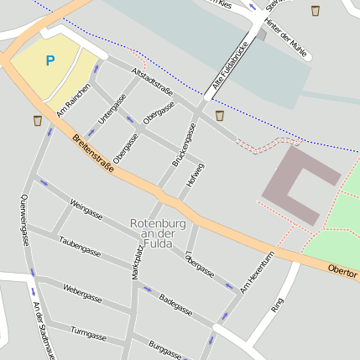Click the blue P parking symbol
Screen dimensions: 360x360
coord(50,60)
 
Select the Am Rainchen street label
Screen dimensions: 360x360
coord(73,102)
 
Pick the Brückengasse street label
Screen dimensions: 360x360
coord(185,144)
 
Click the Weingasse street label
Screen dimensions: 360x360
coord(86,209)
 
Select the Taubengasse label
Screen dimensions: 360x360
coord(80,246)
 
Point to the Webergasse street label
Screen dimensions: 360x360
coord(82,293)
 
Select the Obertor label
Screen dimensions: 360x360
coord(342,272)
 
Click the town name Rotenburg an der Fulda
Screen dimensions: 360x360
coord(152,233)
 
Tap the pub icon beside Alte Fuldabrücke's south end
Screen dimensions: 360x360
coord(220,115)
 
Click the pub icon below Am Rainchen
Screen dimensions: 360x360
coord(38,121)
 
